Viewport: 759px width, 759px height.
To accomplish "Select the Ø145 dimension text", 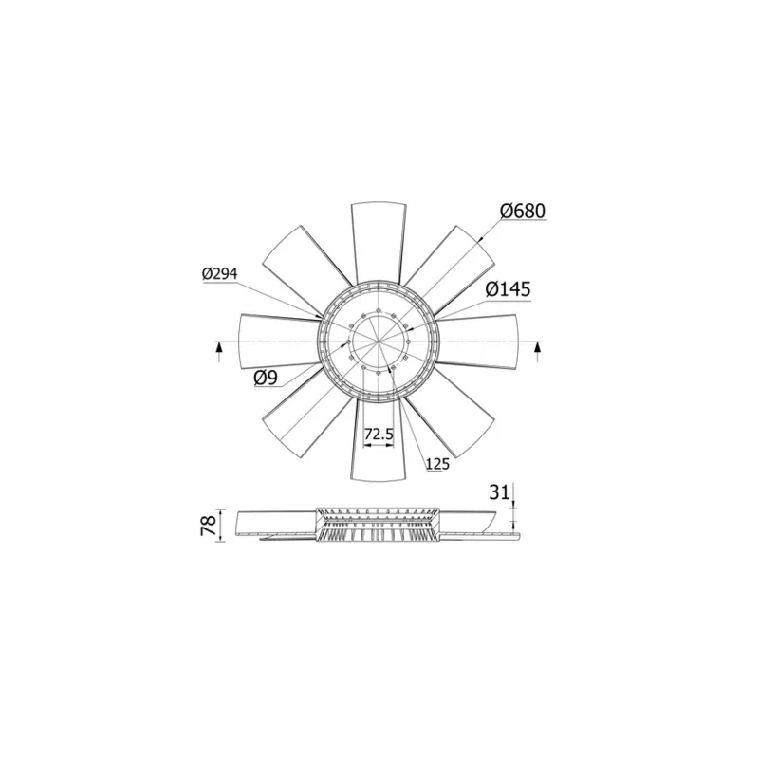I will coord(507,288).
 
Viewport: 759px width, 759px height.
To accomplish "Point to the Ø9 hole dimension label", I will coord(265,378).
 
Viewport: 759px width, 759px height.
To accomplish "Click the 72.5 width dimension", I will coord(379,434).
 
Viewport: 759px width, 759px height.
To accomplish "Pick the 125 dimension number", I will coord(437,464).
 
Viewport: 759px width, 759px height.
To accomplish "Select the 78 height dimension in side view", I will coord(207,525).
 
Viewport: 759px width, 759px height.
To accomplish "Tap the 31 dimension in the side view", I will coord(499,491).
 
